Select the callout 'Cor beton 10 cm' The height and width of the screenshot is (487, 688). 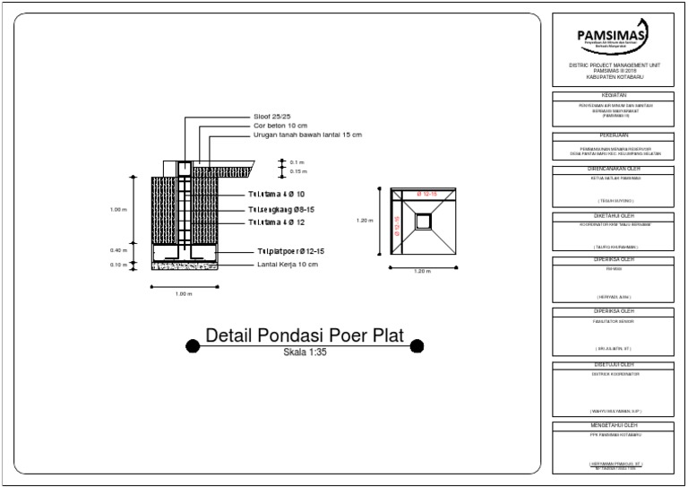(x=280, y=126)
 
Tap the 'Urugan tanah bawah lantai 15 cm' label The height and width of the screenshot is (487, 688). (x=307, y=135)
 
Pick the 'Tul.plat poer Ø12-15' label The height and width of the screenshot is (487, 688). (x=290, y=252)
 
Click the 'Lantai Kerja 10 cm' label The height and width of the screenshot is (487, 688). (x=287, y=265)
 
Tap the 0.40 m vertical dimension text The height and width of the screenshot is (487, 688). (x=118, y=250)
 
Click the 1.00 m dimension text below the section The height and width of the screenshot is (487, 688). (x=184, y=293)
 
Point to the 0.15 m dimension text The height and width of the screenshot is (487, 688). (x=297, y=170)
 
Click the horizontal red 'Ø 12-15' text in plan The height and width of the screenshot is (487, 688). (x=426, y=194)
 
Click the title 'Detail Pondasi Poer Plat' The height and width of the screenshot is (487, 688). (x=305, y=336)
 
